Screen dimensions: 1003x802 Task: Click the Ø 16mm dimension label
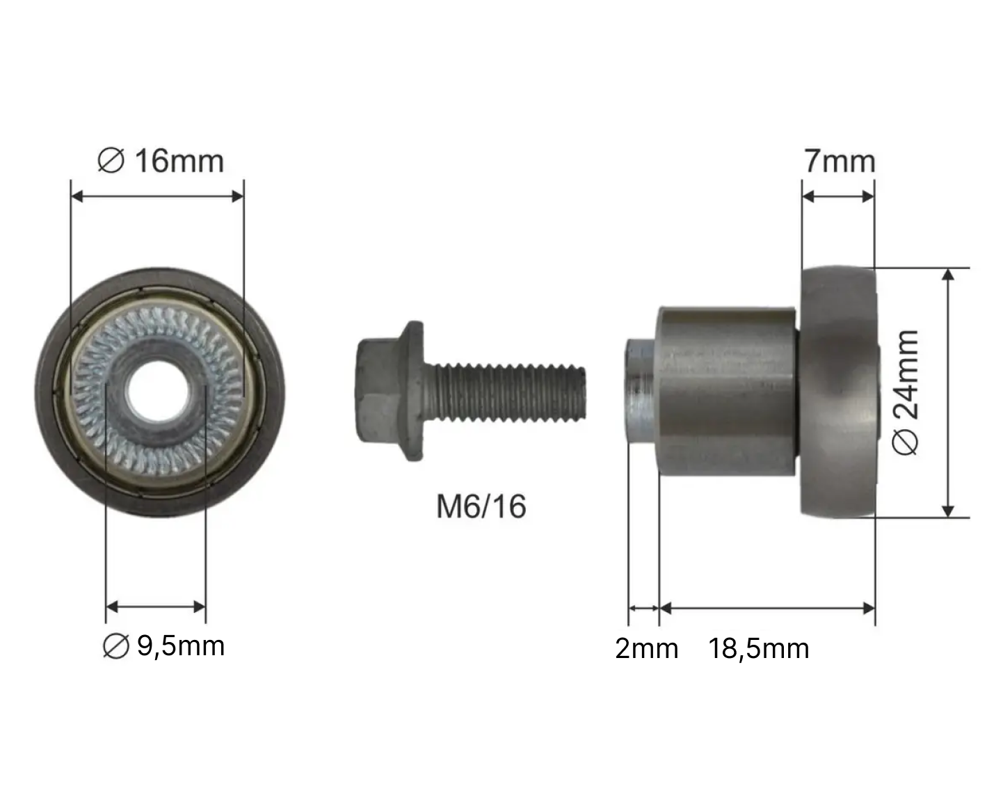coord(161,161)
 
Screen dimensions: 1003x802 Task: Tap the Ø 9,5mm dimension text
coord(163,646)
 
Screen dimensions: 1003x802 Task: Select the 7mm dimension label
coord(840,161)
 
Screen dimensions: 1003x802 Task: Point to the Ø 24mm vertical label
coord(905,392)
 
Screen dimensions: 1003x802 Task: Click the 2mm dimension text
coord(646,648)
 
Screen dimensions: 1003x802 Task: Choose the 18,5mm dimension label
coord(758,648)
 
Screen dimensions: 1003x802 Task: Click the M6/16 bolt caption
coord(481,506)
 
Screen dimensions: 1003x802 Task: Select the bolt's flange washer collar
coord(412,391)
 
